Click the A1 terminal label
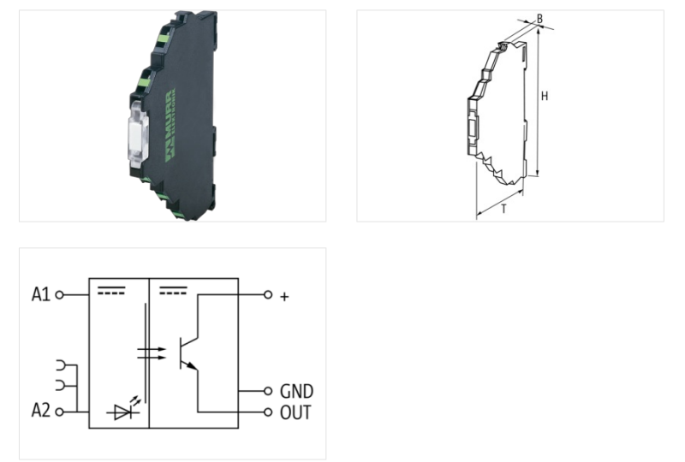tap(41, 295)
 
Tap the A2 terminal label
tap(41, 412)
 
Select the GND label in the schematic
tap(296, 391)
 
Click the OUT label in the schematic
tap(295, 412)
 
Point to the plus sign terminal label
tap(284, 296)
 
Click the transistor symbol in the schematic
tap(188, 351)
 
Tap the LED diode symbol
tap(120, 412)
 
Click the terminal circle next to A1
tap(59, 295)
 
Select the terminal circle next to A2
tap(59, 412)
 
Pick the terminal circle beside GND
tap(268, 391)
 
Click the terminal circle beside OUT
tap(268, 412)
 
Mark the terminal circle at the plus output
tap(268, 295)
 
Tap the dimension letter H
tap(544, 96)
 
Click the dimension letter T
tap(503, 208)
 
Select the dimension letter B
tap(539, 16)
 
